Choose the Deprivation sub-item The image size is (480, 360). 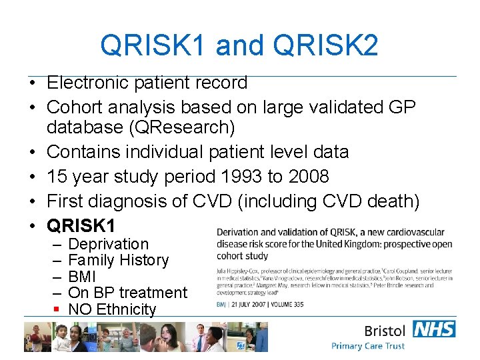coord(109,244)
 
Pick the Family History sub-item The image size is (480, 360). coord(119,260)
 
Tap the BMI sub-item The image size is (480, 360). coord(83,276)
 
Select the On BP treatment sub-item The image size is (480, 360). coord(128,293)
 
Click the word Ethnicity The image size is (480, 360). coord(126,309)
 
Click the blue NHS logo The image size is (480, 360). coord(434,329)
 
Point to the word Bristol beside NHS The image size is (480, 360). coord(385,331)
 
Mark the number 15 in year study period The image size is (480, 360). coord(57,177)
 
